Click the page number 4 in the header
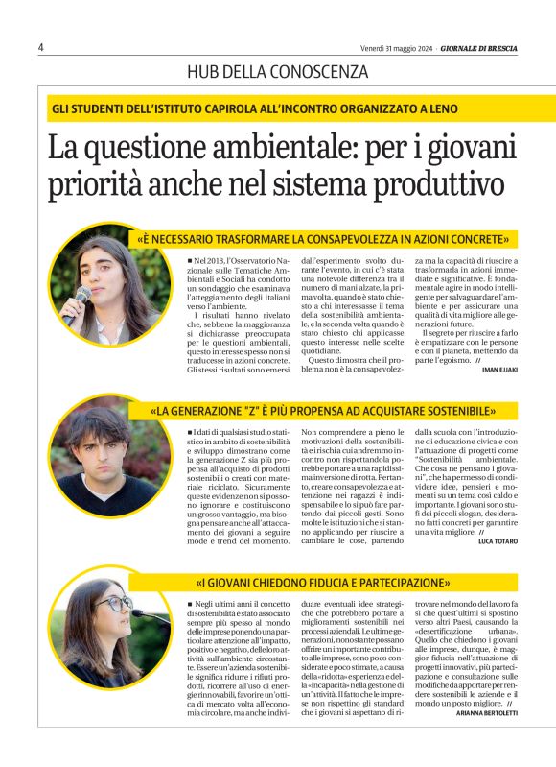pyautogui.click(x=41, y=47)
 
